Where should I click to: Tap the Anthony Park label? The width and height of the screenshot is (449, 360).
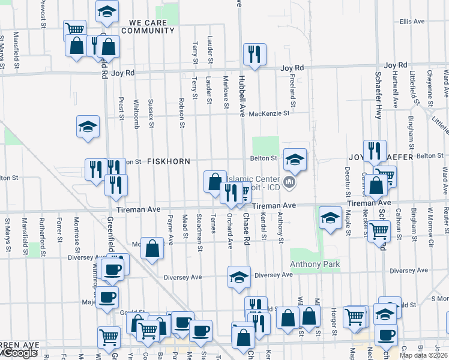pos(315,265)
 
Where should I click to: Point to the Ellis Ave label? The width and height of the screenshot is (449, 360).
pos(412,21)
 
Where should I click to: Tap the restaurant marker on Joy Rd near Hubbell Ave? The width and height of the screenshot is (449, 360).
pos(253,55)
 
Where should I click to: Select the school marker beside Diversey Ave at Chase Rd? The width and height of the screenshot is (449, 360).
pos(239,278)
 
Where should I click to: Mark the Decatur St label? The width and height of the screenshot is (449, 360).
pos(347,182)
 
